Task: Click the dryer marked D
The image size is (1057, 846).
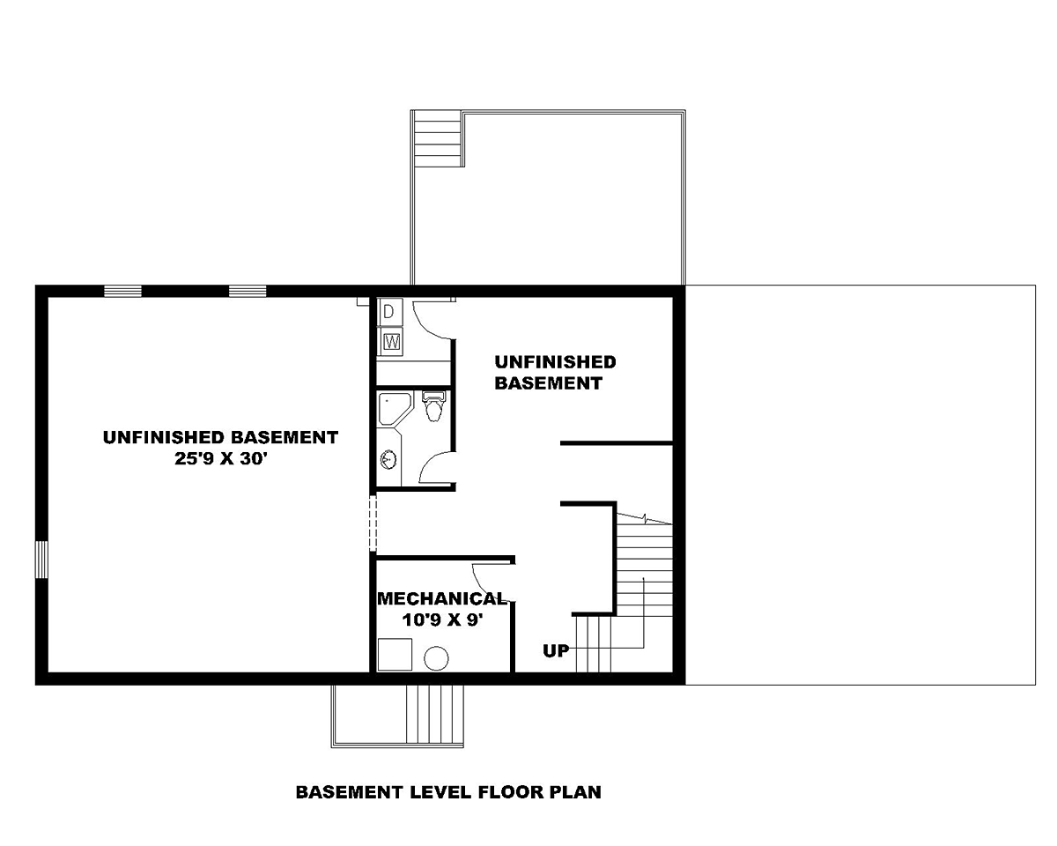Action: [x=390, y=312]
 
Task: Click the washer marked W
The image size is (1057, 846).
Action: [x=391, y=341]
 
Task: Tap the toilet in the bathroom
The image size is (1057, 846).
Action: [x=433, y=406]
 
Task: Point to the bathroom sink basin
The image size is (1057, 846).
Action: [x=388, y=459]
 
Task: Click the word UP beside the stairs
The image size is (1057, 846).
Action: [x=556, y=651]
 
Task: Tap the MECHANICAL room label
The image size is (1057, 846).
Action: [x=441, y=598]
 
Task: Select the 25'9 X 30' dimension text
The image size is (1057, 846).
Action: [x=220, y=458]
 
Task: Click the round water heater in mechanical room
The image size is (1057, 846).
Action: [x=436, y=658]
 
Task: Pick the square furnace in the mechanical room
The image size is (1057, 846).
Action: [x=395, y=654]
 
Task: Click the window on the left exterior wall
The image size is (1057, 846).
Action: [x=41, y=560]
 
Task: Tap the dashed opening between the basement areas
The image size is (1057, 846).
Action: [x=373, y=523]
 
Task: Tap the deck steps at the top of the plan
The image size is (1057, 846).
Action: [x=438, y=139]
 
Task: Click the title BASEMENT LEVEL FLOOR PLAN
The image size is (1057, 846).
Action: [x=448, y=792]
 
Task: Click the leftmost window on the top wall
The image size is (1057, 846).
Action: [x=122, y=291]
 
